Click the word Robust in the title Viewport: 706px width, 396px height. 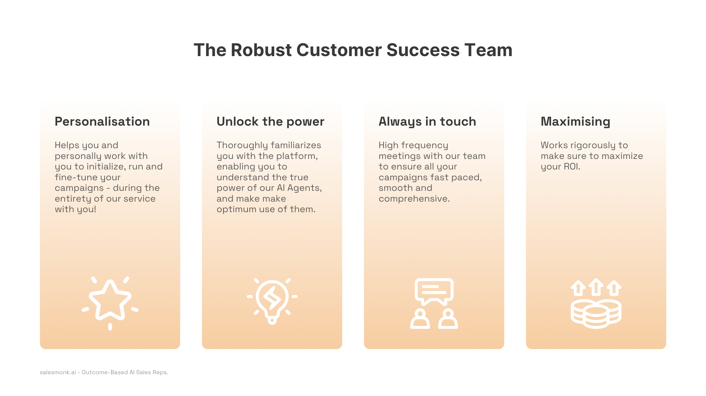tap(261, 50)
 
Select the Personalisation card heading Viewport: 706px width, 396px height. tap(102, 122)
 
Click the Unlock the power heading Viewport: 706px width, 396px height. tap(270, 122)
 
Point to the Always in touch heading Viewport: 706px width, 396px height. tap(427, 122)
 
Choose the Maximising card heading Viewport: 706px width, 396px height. tap(575, 122)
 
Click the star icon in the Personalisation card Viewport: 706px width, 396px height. tap(110, 300)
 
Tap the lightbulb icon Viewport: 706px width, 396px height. tap(272, 301)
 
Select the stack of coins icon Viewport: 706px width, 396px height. tap(596, 314)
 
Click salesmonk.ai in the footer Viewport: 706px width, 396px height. tap(58, 372)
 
